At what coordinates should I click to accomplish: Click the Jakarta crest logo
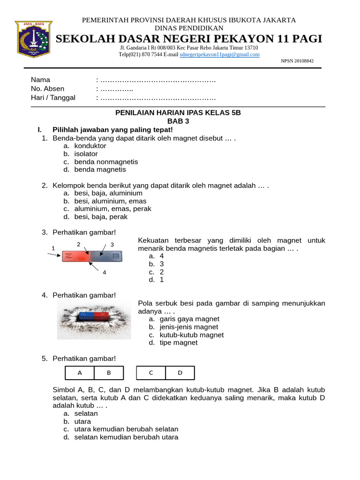coord(33,38)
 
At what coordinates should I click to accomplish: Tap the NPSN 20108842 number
coord(297,61)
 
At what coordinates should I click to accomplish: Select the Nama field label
coord(40,80)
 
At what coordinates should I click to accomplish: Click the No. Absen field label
coord(47,89)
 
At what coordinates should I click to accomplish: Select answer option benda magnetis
coord(100,170)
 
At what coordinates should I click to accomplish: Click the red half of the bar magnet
coord(75,256)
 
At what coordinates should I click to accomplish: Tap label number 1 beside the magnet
coord(53,248)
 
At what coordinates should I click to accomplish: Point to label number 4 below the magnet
coord(104,273)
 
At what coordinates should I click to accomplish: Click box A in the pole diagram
coord(79,373)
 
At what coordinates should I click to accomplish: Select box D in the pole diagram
coord(180,373)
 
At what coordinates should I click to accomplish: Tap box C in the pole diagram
coord(151,373)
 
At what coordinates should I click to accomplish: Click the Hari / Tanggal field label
coord(53,97)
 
